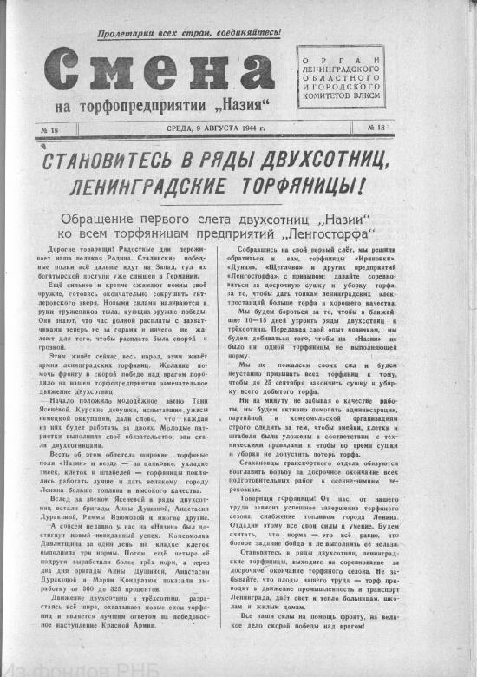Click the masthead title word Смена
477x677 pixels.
[x=154, y=70]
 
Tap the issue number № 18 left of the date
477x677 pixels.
[x=49, y=129]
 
